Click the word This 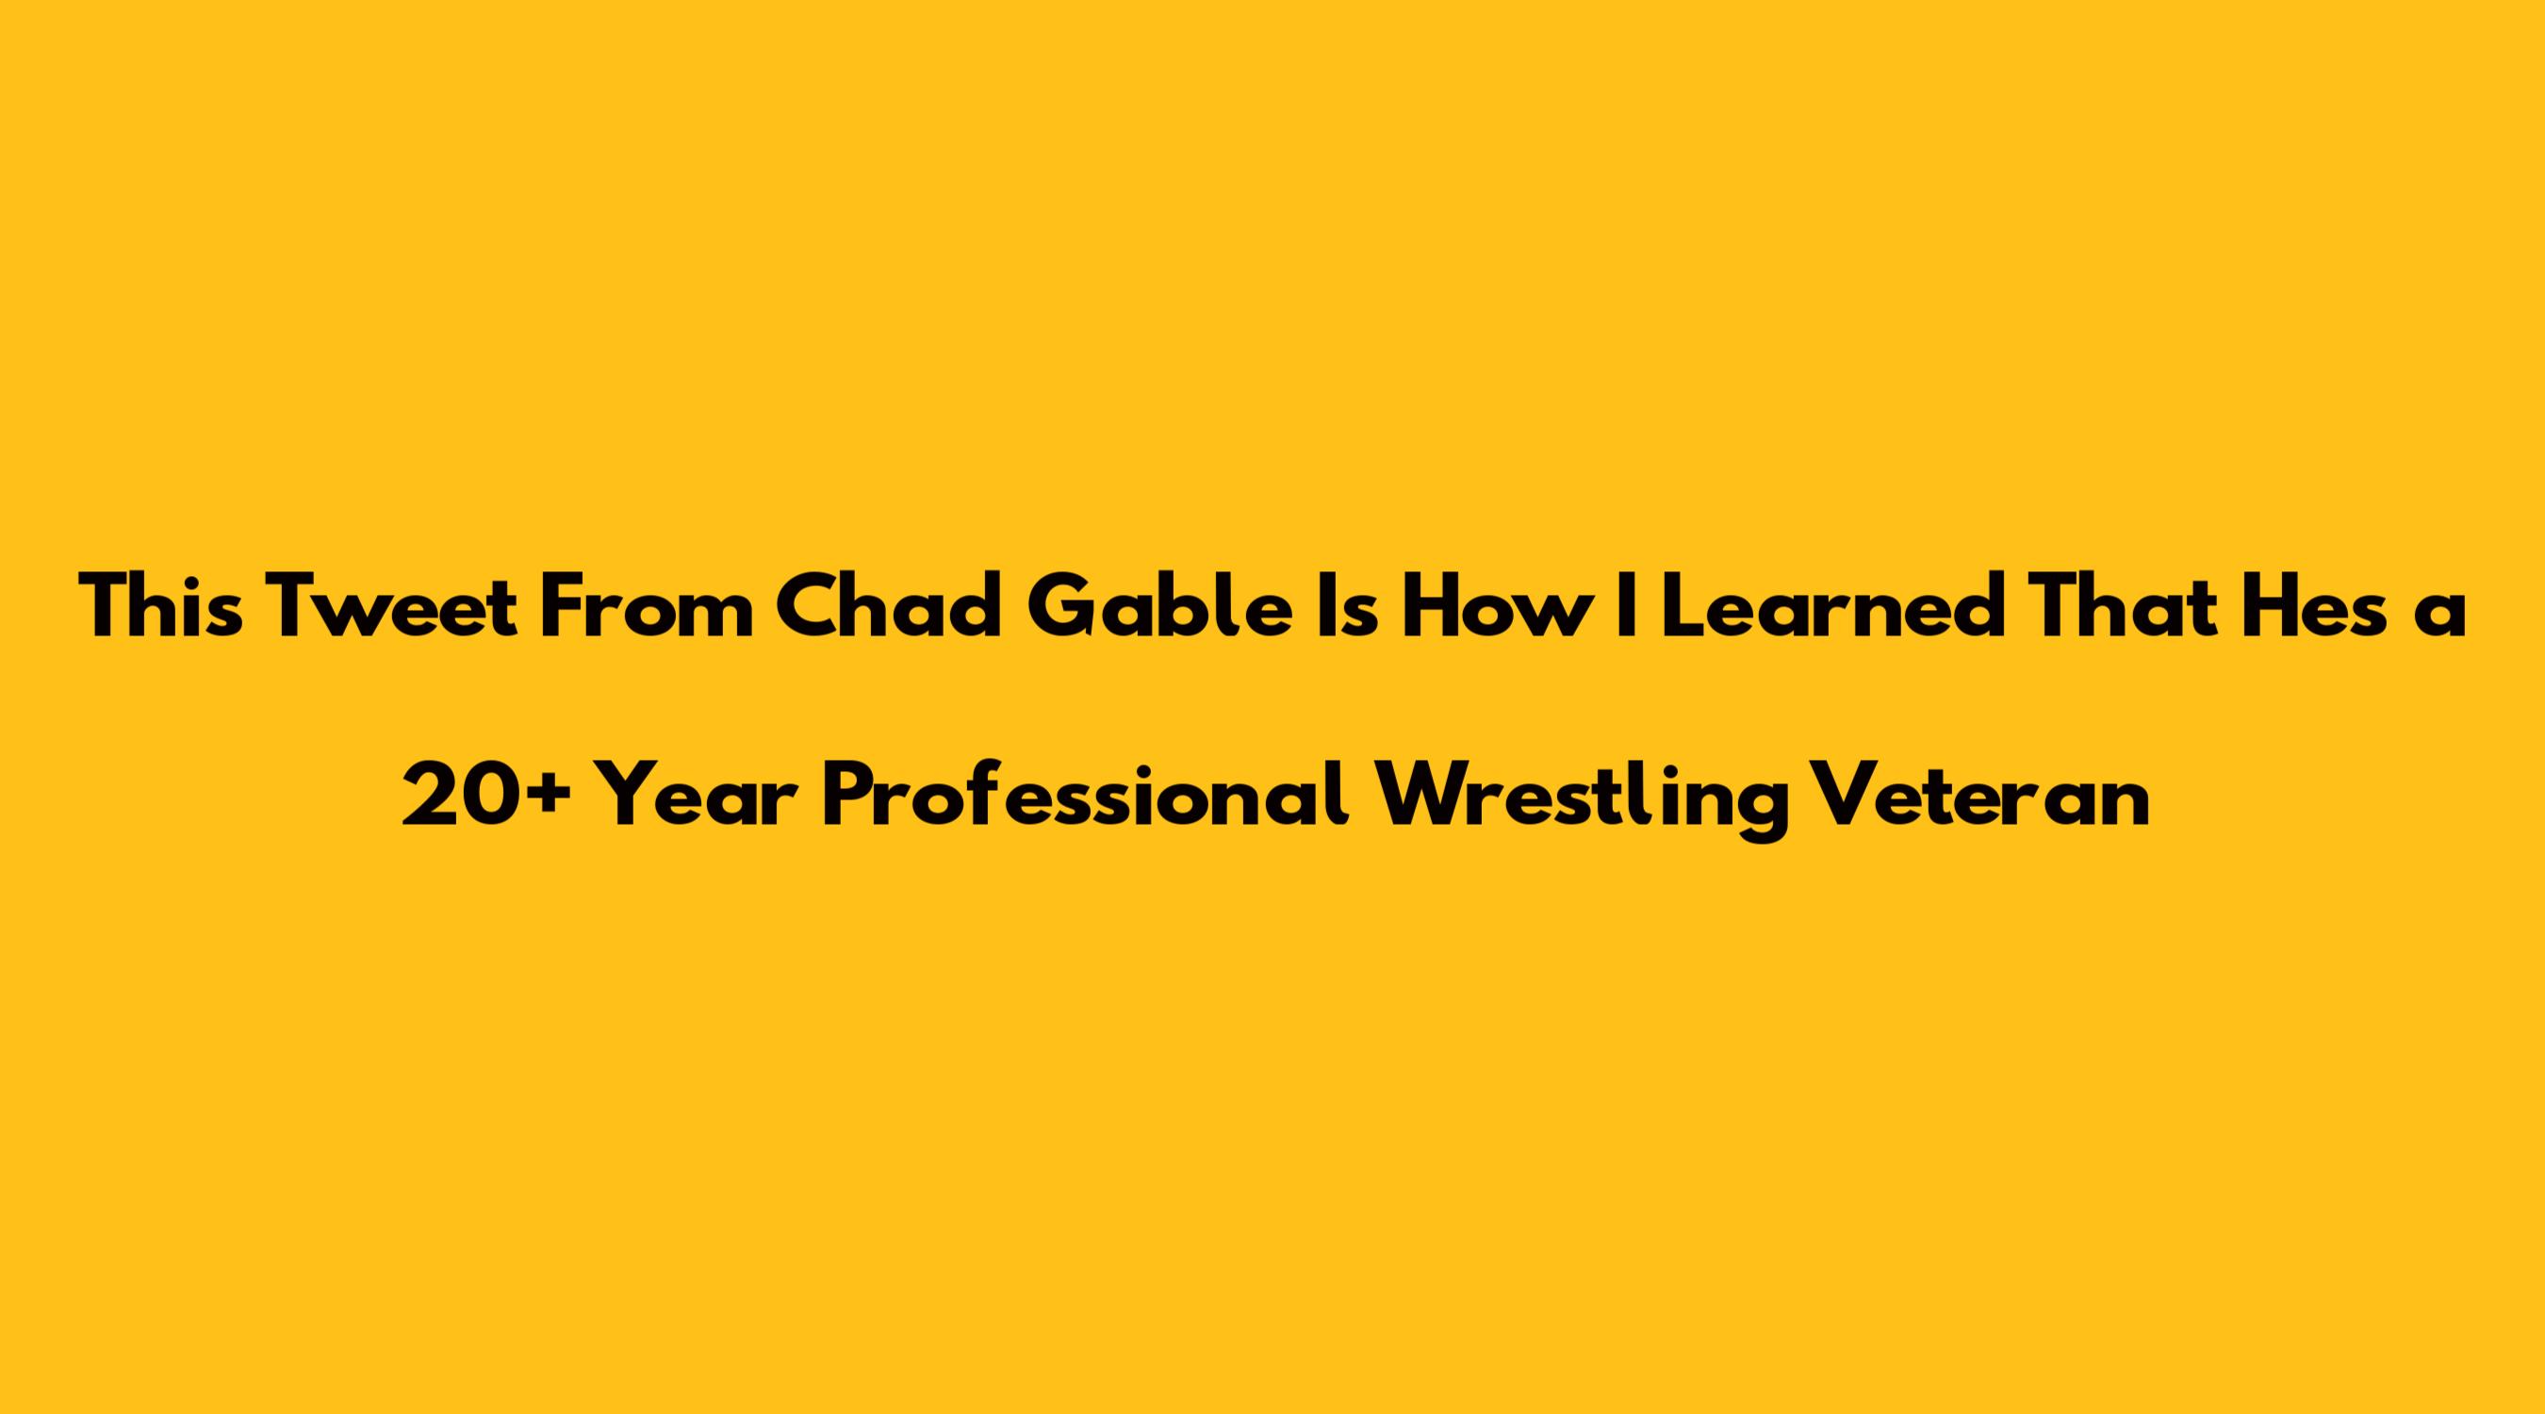(x=161, y=605)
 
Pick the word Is (x=1348, y=606)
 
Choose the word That (x=2098, y=605)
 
